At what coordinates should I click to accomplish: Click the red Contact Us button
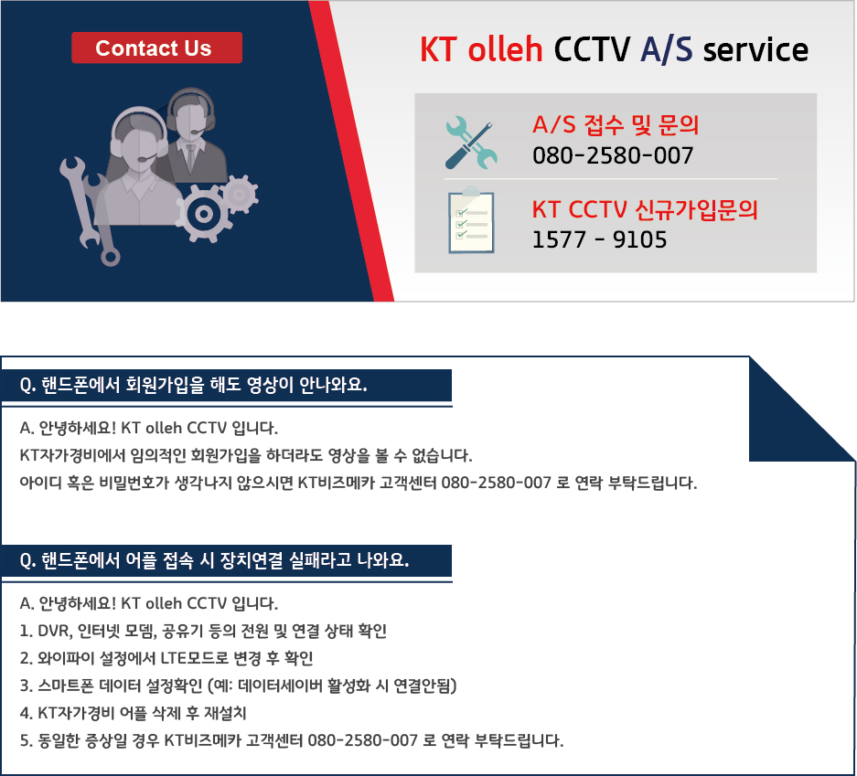click(157, 48)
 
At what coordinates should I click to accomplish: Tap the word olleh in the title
click(505, 49)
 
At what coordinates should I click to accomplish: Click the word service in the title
click(755, 50)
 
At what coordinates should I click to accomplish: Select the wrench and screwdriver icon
click(471, 143)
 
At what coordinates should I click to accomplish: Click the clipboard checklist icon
click(471, 220)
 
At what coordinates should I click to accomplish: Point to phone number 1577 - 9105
click(600, 239)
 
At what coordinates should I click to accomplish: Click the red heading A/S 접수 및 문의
click(616, 125)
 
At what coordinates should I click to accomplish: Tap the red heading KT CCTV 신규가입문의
click(645, 209)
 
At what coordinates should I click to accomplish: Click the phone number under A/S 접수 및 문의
click(613, 155)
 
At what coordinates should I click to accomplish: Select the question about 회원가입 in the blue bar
click(194, 385)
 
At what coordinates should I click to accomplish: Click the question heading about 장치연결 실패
click(214, 560)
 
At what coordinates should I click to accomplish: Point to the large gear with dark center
click(204, 214)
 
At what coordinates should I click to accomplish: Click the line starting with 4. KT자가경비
click(134, 713)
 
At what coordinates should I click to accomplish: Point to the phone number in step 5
click(363, 740)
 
